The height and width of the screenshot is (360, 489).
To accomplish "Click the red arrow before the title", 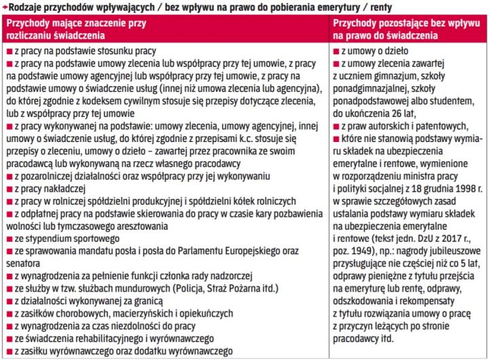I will [x=4, y=7].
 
